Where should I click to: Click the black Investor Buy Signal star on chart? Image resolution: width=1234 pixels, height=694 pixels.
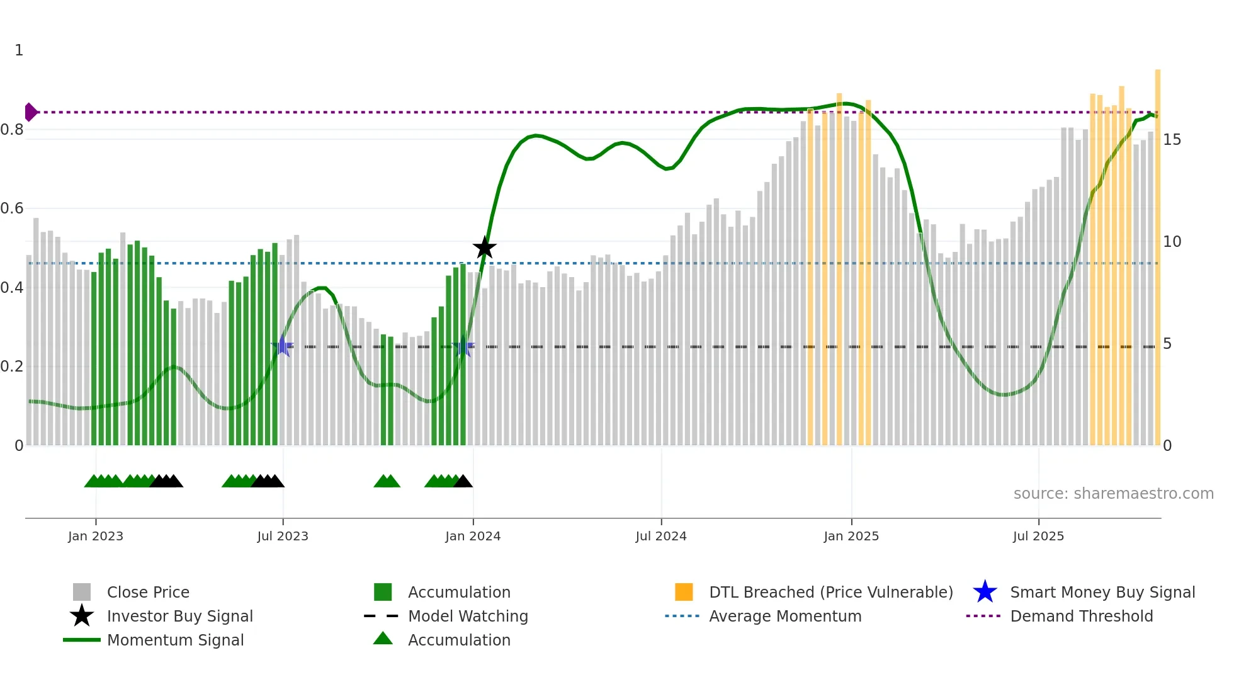tap(484, 247)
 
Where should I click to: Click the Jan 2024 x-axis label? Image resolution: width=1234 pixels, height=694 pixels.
tap(473, 536)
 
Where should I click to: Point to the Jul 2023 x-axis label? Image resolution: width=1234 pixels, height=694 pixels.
tap(283, 536)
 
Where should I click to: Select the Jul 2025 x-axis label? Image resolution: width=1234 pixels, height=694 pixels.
tap(1038, 536)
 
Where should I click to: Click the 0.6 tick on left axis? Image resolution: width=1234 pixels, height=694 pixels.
tap(12, 208)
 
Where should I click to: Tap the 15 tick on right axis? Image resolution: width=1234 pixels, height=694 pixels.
tap(1172, 139)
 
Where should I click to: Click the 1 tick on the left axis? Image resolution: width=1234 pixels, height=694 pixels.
tap(19, 50)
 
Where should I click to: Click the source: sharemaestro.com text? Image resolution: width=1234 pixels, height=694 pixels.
tap(1113, 493)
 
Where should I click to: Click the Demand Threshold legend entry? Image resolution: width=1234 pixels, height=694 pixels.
tap(1081, 616)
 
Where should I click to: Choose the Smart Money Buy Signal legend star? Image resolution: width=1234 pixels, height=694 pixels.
tap(985, 592)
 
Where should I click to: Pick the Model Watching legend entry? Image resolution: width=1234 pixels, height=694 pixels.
tap(467, 616)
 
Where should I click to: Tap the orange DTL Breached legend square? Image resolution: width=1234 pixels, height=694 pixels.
tap(684, 592)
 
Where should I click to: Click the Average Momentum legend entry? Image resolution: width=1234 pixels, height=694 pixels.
tap(784, 616)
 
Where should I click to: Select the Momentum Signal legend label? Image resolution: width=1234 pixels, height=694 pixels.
tap(175, 640)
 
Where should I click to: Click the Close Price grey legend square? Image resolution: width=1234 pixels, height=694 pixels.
tap(82, 592)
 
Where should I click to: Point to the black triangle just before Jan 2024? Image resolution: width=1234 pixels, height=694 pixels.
tap(463, 482)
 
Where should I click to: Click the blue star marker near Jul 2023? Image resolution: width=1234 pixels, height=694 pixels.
tap(283, 346)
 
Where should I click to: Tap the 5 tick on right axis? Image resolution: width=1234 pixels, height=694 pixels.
tap(1167, 344)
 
